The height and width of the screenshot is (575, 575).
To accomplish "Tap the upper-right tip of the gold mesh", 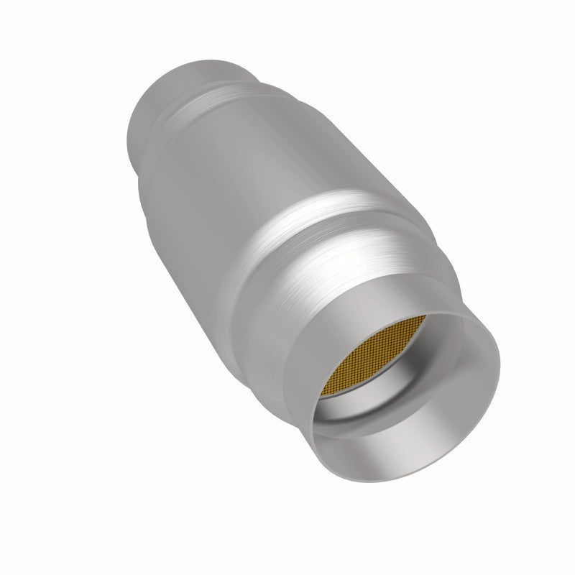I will coord(446,317).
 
